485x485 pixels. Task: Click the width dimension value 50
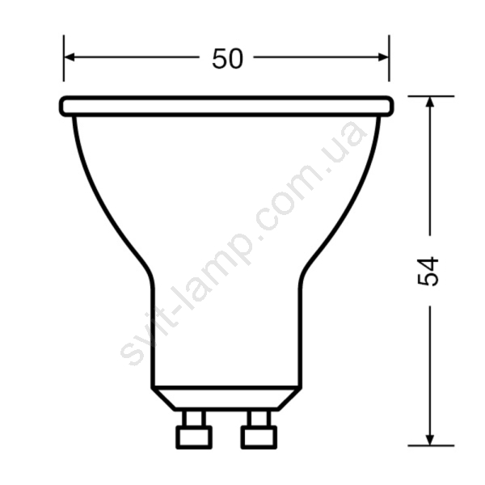pos(228,58)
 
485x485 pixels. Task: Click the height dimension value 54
pos(428,272)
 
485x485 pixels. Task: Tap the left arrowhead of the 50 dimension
pos(70,57)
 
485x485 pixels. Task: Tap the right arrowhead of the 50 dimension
pos(383,57)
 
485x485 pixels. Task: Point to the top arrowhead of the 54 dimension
pos(430,102)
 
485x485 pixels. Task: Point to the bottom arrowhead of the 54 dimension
pos(430,441)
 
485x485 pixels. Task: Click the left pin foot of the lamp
pos(194,437)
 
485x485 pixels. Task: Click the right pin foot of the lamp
pos(259,437)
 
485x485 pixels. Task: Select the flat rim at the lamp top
pos(226,107)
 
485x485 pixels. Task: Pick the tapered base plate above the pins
pos(226,399)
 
